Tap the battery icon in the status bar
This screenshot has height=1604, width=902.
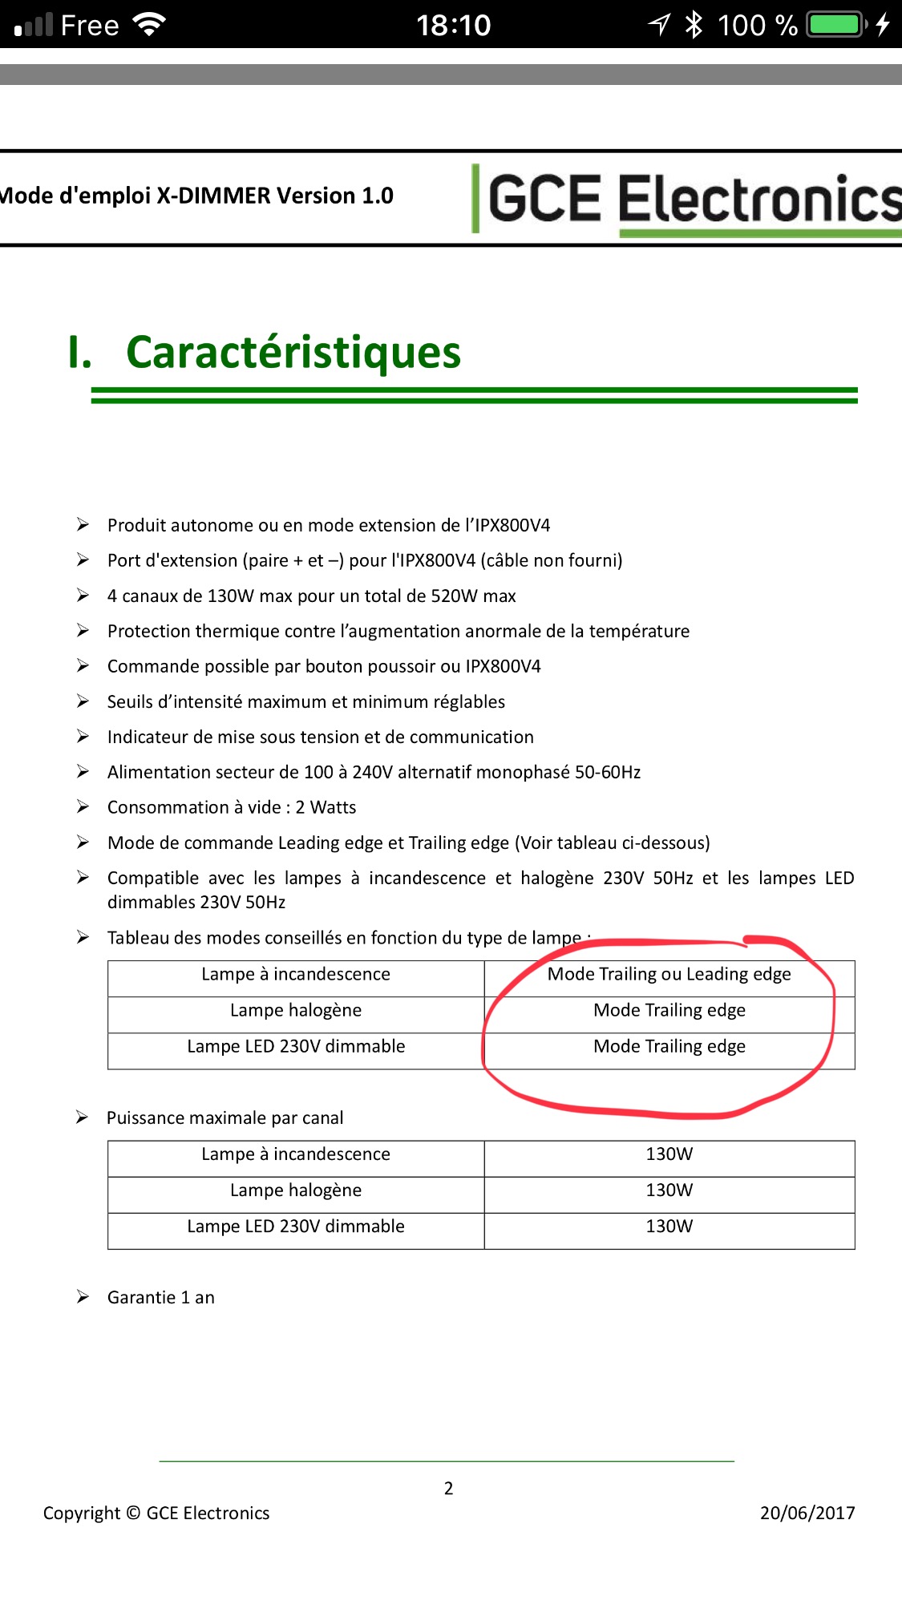click(x=837, y=25)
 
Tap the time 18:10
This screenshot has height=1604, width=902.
click(x=453, y=26)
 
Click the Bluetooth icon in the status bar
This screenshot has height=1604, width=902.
click(x=694, y=25)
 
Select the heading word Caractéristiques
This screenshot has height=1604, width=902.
click(x=293, y=353)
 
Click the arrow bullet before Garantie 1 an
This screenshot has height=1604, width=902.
click(x=83, y=1297)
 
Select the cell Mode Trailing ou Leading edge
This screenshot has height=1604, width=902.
click(x=669, y=975)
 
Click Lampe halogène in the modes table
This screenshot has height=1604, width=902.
click(x=296, y=1011)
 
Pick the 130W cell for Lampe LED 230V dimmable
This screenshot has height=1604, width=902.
click(x=669, y=1226)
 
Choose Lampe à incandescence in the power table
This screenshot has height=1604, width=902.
click(x=296, y=1154)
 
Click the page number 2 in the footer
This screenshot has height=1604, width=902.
click(x=449, y=1489)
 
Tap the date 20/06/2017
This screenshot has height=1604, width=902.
click(x=807, y=1513)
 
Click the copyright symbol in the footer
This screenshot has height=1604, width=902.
click(x=133, y=1513)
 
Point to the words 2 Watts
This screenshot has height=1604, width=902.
click(x=326, y=808)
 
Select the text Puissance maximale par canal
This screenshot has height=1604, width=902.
click(x=224, y=1118)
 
